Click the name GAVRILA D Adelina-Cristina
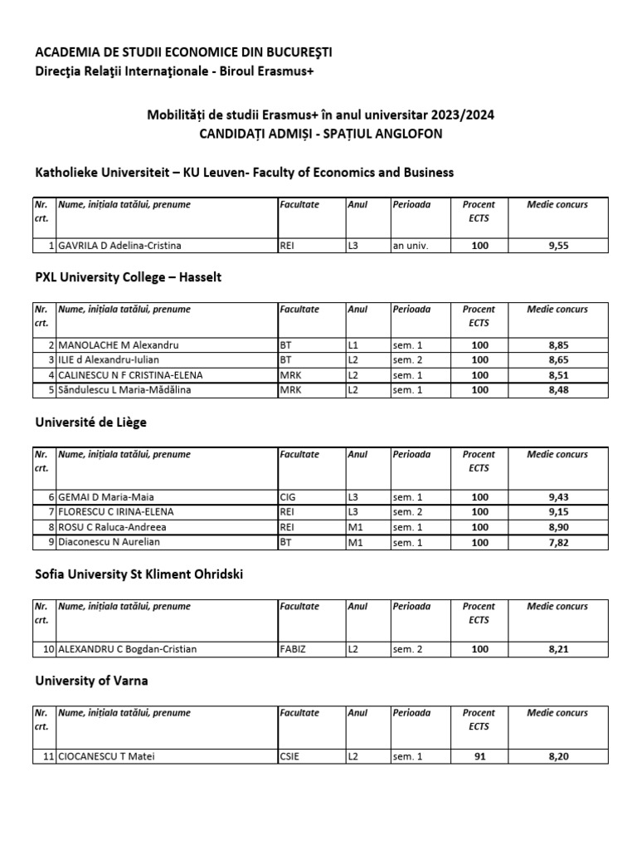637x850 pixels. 119,246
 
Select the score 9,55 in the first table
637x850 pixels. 557,246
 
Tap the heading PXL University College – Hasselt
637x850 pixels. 129,277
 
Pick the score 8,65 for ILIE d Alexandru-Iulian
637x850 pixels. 557,360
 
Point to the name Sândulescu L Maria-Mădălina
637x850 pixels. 124,390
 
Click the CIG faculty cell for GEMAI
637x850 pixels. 288,497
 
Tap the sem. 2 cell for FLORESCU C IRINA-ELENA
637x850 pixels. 407,512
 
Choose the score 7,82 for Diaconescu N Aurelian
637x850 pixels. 557,542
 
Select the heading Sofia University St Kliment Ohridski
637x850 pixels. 139,574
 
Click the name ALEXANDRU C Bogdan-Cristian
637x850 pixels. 127,649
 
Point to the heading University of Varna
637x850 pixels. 92,681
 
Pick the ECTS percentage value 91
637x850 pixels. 479,756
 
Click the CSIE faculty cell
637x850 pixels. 289,756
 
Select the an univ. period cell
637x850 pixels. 410,246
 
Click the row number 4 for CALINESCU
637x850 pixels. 51,375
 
